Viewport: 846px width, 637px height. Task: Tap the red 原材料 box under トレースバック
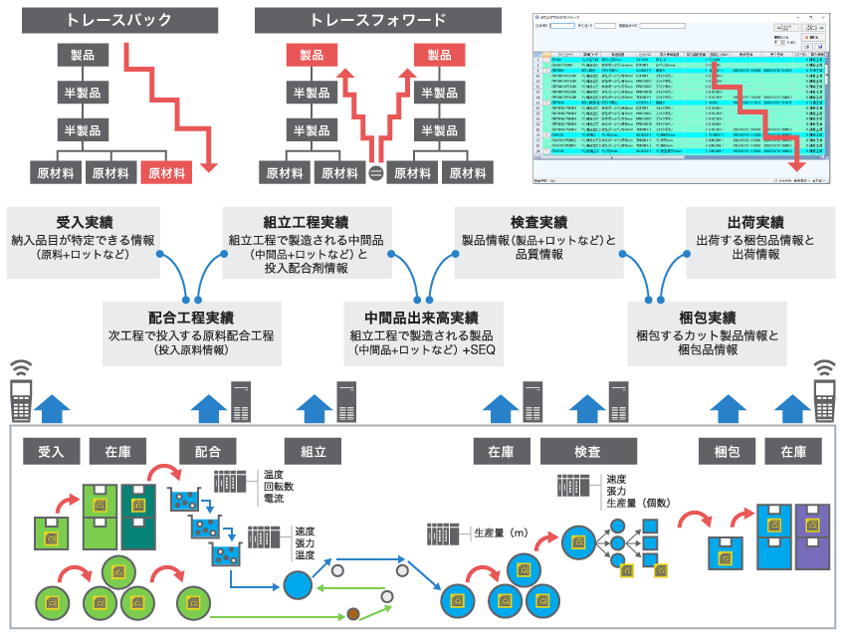tap(166, 172)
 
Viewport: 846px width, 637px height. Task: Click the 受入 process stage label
tap(51, 452)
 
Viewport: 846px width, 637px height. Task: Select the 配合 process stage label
tap(209, 452)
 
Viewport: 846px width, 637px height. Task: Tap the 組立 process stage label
tap(314, 452)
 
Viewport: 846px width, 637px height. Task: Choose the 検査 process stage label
tap(587, 452)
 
